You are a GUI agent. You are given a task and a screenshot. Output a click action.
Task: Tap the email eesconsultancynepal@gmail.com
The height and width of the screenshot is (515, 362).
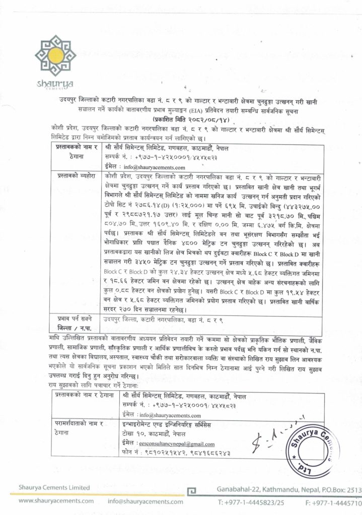[x=176, y=444]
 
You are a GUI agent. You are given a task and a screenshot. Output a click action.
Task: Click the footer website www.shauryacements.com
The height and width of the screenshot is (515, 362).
[x=56, y=501]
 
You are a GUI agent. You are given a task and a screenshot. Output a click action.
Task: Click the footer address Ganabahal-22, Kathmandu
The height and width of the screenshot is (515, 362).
[x=261, y=489]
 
